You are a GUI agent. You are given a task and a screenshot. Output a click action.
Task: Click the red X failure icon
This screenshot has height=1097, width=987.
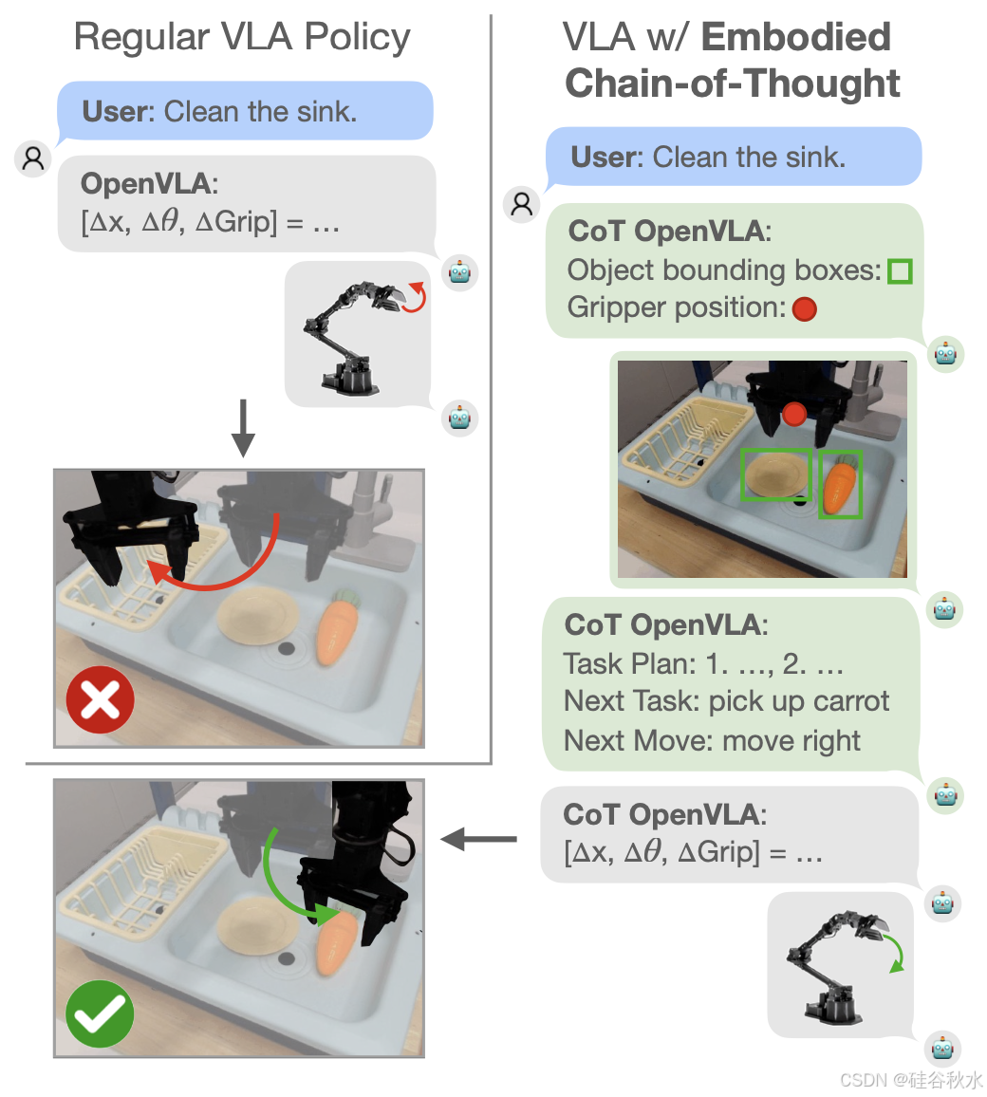click(100, 700)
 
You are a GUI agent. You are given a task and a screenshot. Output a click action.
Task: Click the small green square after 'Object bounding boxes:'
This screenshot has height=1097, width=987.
click(899, 272)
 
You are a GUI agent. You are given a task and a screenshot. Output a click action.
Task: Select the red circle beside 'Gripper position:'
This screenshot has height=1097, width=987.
click(804, 309)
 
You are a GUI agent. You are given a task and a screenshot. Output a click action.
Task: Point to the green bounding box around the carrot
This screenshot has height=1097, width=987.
click(840, 484)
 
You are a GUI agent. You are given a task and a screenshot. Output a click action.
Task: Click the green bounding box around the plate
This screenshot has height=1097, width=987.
click(776, 474)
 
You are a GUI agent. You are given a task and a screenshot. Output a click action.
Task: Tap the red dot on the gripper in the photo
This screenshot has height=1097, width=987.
click(794, 413)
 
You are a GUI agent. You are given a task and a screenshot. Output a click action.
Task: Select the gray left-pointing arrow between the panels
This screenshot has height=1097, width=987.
click(479, 839)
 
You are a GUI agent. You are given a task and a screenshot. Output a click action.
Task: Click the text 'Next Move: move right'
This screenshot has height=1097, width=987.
click(712, 740)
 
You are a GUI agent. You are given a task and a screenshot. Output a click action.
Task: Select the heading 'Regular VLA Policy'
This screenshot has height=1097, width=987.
click(242, 38)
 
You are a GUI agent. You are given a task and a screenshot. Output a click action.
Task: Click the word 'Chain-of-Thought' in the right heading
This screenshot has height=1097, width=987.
click(733, 84)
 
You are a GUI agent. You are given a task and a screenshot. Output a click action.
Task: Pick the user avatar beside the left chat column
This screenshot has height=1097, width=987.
click(33, 158)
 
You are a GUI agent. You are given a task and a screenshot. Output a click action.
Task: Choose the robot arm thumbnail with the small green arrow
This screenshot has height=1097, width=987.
click(843, 963)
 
